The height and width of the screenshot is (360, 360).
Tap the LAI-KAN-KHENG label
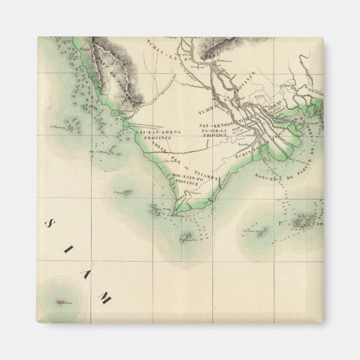[x=159, y=131]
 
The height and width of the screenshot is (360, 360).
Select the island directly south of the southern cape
[x=186, y=239]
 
